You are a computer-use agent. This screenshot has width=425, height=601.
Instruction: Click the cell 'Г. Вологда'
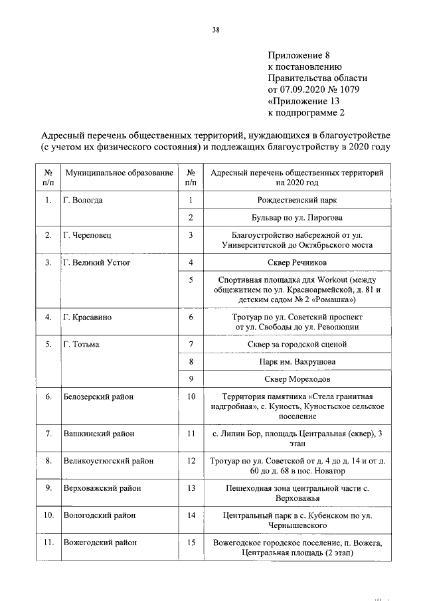pyautogui.click(x=83, y=200)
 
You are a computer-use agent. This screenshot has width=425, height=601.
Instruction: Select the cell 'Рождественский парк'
pyautogui.click(x=296, y=200)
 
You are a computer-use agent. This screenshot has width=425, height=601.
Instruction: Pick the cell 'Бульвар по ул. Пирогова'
pyautogui.click(x=296, y=217)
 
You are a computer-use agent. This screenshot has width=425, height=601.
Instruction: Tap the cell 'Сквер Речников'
pyautogui.click(x=296, y=262)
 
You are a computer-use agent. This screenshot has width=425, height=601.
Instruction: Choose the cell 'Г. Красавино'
pyautogui.click(x=87, y=317)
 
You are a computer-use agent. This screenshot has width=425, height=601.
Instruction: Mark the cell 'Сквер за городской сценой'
pyautogui.click(x=296, y=344)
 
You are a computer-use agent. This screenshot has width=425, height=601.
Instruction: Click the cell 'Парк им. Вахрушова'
pyautogui.click(x=296, y=362)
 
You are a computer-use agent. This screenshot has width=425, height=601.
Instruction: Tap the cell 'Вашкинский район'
pyautogui.click(x=99, y=434)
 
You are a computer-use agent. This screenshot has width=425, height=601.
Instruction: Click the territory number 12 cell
pyautogui.click(x=191, y=460)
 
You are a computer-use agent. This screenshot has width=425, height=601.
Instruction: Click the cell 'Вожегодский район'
pyautogui.click(x=99, y=543)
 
